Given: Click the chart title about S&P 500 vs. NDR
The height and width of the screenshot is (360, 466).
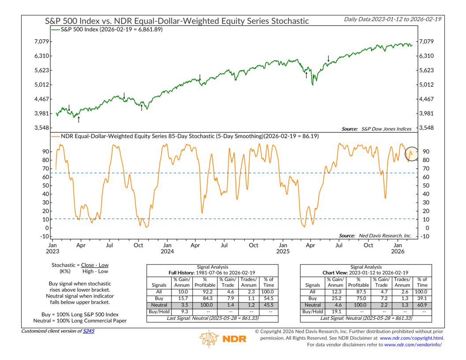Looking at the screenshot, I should tap(177, 21).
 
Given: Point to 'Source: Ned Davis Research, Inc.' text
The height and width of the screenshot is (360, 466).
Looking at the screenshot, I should tap(375, 236).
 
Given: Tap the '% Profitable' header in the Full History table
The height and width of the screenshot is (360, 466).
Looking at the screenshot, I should tap(205, 282).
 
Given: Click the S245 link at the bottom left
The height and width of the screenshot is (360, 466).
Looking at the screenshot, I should tap(89, 330).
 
